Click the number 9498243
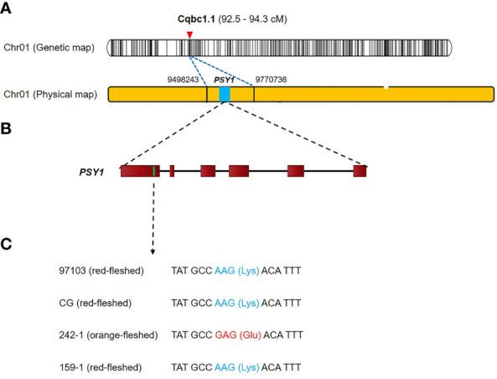click(185, 80)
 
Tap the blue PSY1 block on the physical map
click(224, 95)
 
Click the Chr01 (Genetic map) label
click(52, 48)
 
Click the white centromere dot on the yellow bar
click(386, 86)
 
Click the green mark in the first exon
click(155, 171)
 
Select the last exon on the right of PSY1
click(360, 171)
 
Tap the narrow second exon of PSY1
click(172, 171)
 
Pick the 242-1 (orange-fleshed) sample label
click(104, 335)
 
